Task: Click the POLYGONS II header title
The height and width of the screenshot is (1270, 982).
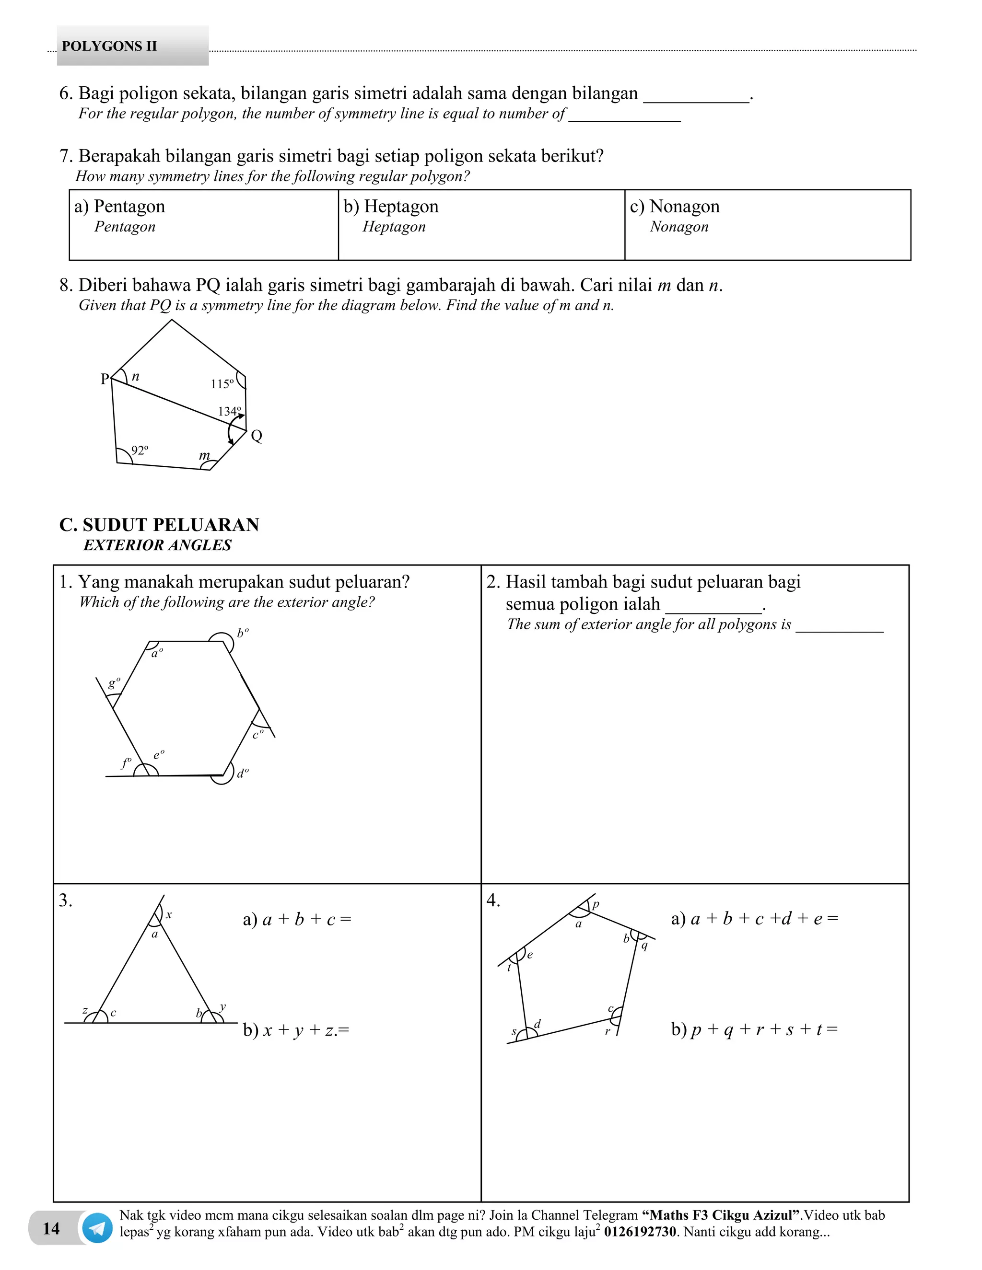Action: pyautogui.click(x=109, y=46)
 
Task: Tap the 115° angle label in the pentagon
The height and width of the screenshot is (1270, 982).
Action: pyautogui.click(x=222, y=384)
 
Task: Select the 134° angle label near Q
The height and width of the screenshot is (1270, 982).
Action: pyautogui.click(x=229, y=411)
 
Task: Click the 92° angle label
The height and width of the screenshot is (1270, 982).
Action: pyautogui.click(x=140, y=450)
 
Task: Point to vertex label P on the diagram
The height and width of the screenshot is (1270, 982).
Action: pyautogui.click(x=105, y=379)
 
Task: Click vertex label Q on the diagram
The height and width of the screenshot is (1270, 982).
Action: pyautogui.click(x=257, y=436)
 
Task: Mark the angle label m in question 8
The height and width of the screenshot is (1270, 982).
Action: pyautogui.click(x=204, y=455)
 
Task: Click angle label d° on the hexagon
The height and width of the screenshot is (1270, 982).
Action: pyautogui.click(x=243, y=774)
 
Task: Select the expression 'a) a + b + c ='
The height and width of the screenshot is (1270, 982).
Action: pyautogui.click(x=297, y=919)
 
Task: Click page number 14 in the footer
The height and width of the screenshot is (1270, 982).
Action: pyautogui.click(x=51, y=1228)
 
